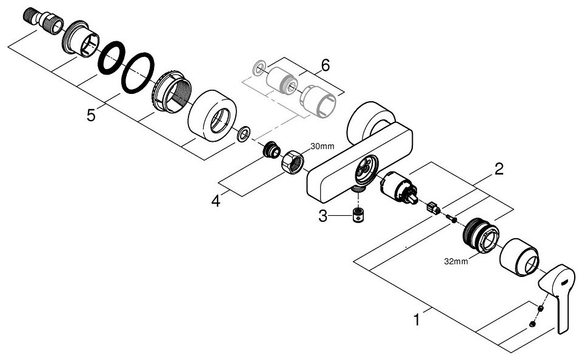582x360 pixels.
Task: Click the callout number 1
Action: [416, 318]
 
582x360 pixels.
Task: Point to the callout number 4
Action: [215, 201]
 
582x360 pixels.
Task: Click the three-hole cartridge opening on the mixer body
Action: [365, 167]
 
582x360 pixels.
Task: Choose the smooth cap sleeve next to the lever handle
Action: [520, 258]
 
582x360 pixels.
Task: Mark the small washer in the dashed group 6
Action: [260, 65]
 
